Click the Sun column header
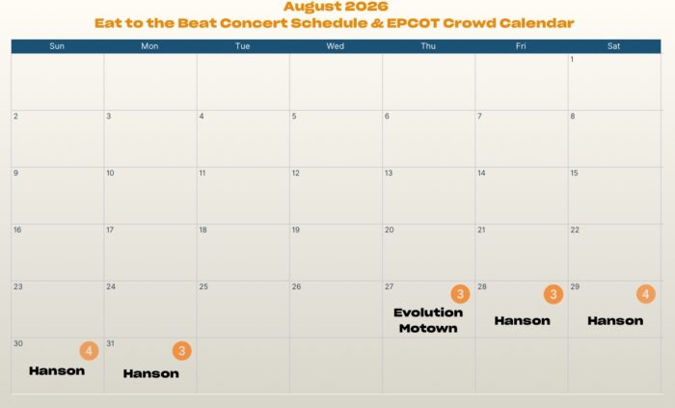(57, 46)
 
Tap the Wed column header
(336, 46)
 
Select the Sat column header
(614, 46)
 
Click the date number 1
(572, 60)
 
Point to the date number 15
(575, 173)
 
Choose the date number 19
(296, 230)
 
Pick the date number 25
(203, 286)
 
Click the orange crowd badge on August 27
(460, 294)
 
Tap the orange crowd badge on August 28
(553, 294)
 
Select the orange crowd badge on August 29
(646, 294)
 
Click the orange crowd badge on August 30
(89, 351)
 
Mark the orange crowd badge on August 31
(182, 351)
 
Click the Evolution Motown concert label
(428, 320)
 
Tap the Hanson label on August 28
(523, 320)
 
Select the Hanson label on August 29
(615, 320)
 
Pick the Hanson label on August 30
(57, 370)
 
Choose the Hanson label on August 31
(151, 373)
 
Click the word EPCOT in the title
(413, 23)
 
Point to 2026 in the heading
(365, 7)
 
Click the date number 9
(16, 173)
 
